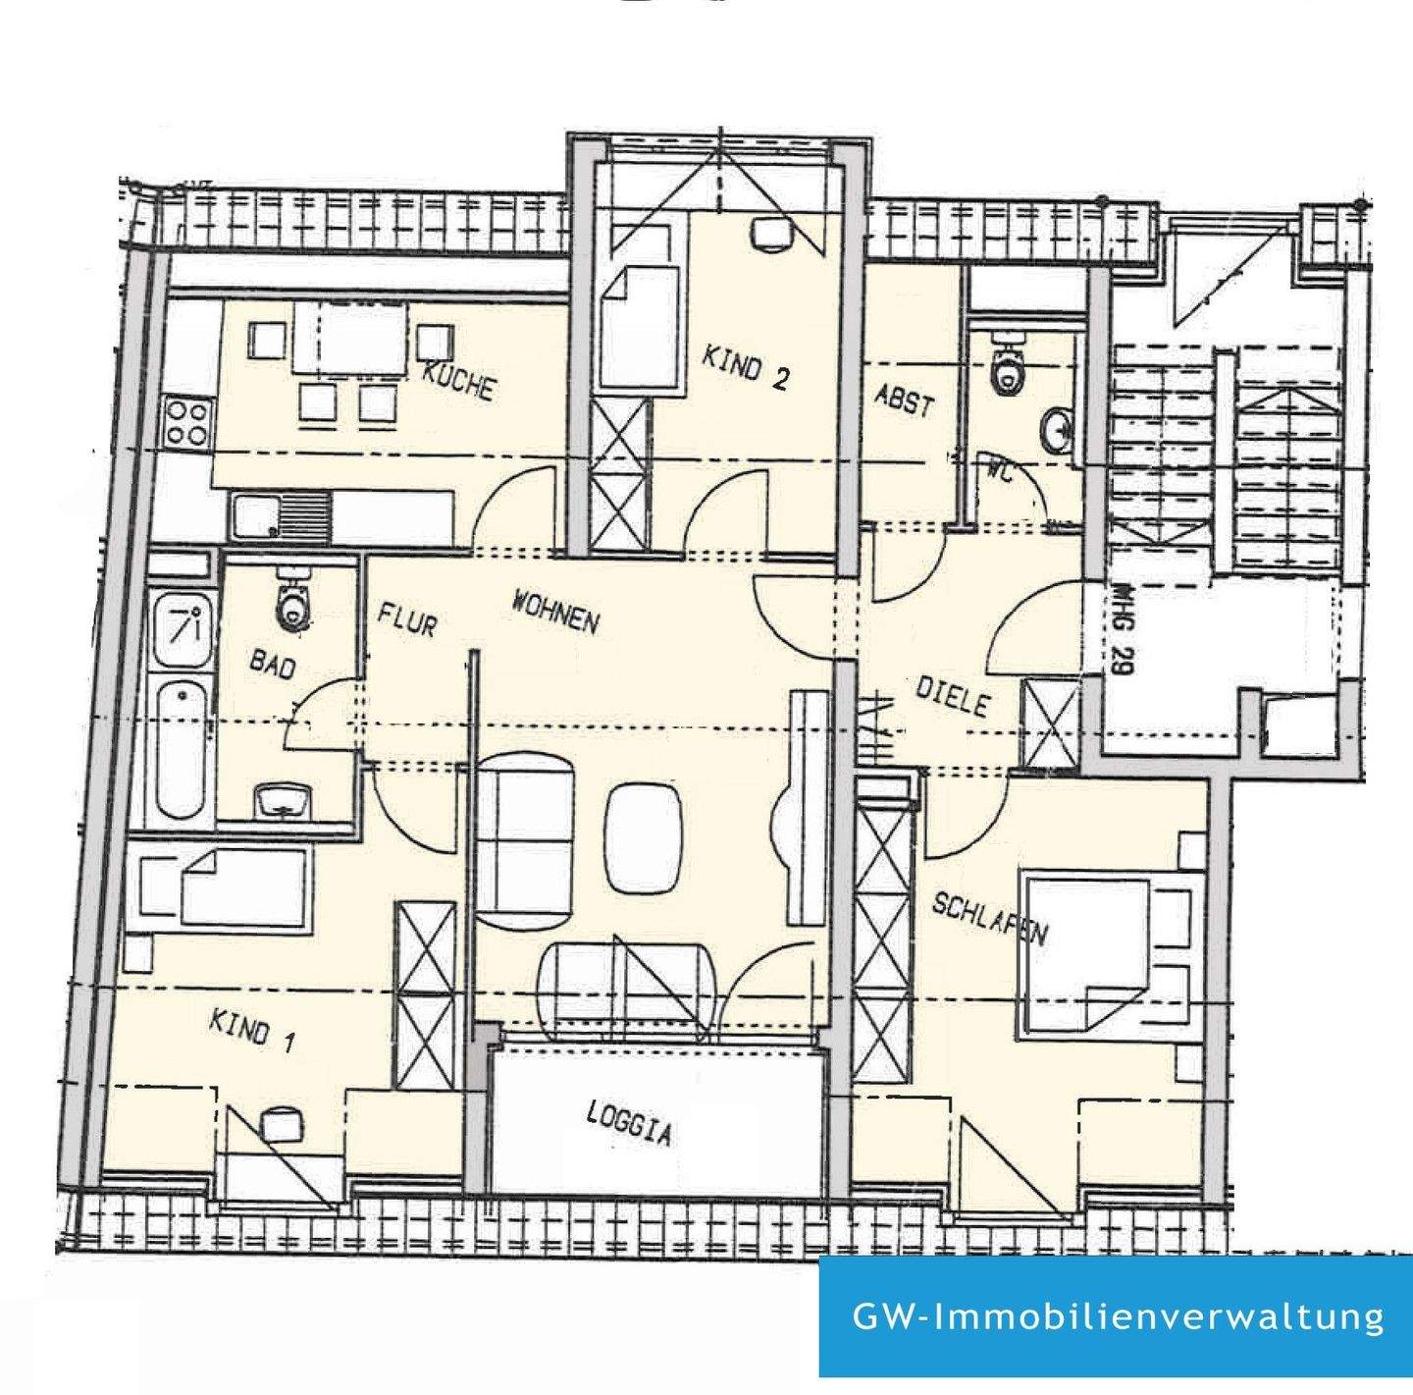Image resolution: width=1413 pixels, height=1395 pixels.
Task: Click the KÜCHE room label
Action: point(458,380)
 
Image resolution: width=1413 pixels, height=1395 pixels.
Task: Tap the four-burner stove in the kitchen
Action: point(186,422)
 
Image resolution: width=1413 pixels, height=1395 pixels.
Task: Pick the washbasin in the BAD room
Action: point(283,801)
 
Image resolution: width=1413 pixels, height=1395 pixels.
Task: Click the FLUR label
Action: point(407,619)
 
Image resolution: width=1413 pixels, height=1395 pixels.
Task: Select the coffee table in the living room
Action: point(643,837)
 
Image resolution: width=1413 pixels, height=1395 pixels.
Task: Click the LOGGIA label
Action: point(629,1123)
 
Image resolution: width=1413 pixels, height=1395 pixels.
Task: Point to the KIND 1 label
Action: point(251,1030)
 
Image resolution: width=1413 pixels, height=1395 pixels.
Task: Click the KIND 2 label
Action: point(745,366)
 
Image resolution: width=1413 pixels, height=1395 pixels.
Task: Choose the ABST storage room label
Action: point(904,400)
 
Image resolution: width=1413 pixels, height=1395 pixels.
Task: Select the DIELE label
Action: point(952,696)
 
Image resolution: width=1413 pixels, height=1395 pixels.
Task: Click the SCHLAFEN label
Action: point(989,919)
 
